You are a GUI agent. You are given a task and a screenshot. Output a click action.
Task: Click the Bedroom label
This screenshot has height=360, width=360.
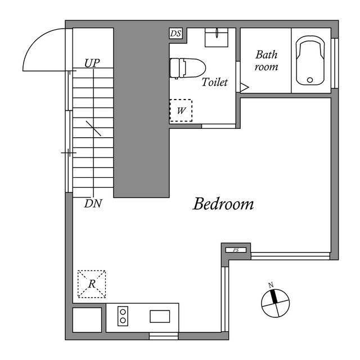pos(223,204)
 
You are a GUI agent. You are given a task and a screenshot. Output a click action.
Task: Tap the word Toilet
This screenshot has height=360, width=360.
pos(214,82)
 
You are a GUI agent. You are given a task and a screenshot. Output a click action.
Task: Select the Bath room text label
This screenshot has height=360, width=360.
pos(266,61)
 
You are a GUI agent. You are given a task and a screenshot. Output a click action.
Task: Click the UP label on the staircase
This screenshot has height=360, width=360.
pos(92,63)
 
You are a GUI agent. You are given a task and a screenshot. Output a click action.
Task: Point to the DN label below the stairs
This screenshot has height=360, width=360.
pos(93,204)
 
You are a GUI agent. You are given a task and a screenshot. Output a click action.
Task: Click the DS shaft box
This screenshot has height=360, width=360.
pos(175,34)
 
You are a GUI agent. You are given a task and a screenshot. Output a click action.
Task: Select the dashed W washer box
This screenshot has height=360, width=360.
pos(181,110)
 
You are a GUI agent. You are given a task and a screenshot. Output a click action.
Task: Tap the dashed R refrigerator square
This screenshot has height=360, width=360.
pos(92,284)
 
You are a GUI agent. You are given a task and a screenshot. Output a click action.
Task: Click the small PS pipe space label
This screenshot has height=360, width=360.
pos(236,250)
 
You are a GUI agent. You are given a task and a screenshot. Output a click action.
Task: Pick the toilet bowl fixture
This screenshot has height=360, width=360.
pos(187,68)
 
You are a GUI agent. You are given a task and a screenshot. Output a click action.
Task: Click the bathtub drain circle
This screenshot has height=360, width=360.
pos(310,80)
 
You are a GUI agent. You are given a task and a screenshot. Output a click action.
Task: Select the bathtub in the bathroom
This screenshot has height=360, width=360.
pos(310,61)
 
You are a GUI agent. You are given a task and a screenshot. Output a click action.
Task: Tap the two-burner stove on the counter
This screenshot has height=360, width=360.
pos(123,316)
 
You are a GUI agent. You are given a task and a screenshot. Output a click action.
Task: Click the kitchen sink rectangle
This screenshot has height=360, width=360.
pos(160,316)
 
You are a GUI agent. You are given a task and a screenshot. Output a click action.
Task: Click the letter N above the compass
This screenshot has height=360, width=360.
pos(271,285)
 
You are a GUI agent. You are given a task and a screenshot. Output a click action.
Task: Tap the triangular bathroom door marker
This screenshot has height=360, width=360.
pos(245,88)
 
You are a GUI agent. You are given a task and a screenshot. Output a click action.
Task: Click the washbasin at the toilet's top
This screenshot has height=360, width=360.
pos(216,38)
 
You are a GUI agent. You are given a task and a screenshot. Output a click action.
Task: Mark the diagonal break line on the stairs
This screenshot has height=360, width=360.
pos(93,128)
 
